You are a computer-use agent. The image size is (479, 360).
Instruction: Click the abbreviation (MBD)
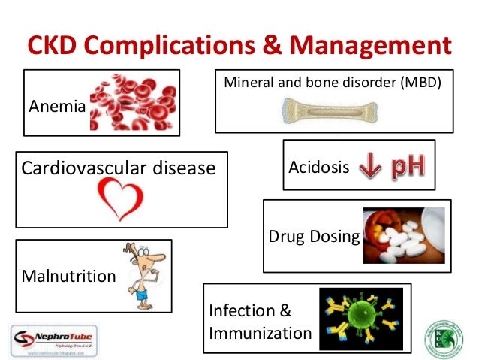[x=428, y=80]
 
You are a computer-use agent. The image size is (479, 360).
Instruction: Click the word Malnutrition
[x=68, y=277]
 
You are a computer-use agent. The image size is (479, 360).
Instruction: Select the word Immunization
[x=261, y=332]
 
